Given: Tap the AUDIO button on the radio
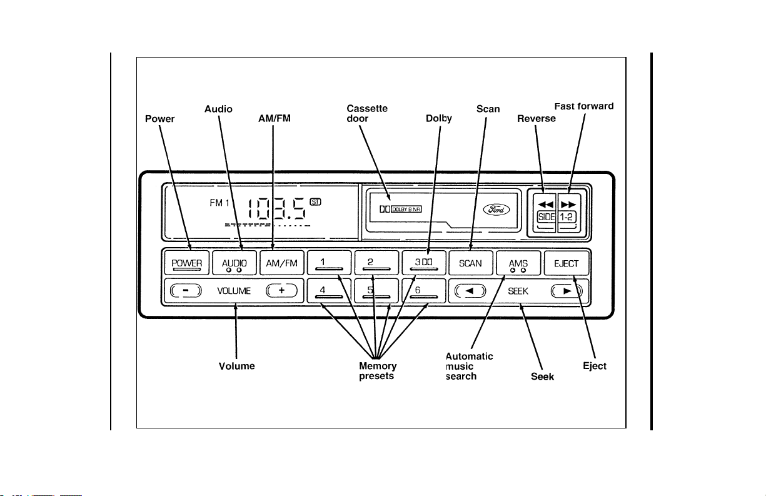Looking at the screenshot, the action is [x=234, y=263].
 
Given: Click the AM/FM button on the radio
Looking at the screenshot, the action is [x=282, y=263].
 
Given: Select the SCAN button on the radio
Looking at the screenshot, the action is [x=470, y=263].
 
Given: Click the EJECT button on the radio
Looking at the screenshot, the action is [x=567, y=263].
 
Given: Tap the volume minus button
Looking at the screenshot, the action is [x=186, y=291].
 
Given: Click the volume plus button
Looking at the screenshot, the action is [x=281, y=291].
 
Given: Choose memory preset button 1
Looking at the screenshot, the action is [x=329, y=263].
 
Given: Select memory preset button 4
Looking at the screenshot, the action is [x=329, y=291].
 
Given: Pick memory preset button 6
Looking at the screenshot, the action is [x=424, y=291].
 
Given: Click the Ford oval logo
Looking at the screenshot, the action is [x=496, y=210].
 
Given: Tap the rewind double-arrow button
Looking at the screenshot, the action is [x=546, y=205].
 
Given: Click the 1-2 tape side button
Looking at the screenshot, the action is [x=567, y=217].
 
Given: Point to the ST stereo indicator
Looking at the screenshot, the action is [x=315, y=202].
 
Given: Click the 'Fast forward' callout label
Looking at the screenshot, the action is [x=584, y=106].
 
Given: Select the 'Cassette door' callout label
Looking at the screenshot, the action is [x=367, y=114].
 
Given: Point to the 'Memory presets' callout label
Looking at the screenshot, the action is [x=378, y=371].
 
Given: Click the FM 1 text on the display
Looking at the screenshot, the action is [x=219, y=203].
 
